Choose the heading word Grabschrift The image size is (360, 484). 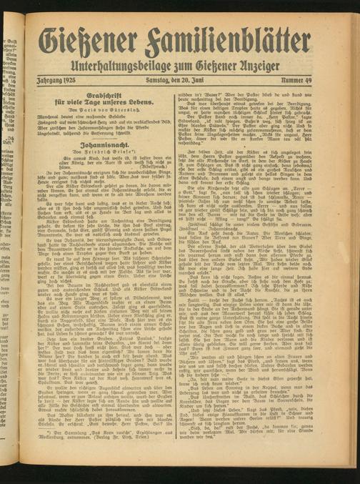click(105, 96)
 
